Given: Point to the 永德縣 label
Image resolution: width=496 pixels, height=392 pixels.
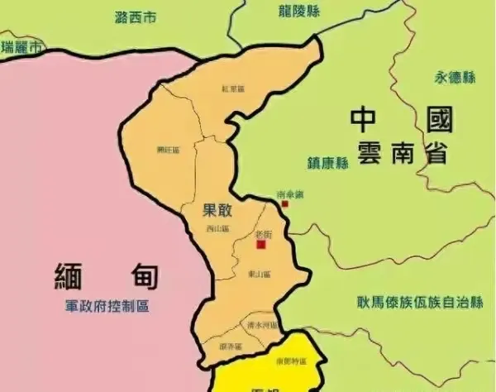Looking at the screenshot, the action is click(455, 78).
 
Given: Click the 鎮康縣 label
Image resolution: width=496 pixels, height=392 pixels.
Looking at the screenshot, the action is click(328, 164).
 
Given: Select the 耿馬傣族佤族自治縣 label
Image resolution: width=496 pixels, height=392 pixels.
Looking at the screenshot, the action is click(419, 303).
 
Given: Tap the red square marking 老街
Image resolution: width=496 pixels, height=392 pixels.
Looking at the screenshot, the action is click(261, 245).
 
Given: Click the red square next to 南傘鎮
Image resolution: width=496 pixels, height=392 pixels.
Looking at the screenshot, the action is click(285, 203).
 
